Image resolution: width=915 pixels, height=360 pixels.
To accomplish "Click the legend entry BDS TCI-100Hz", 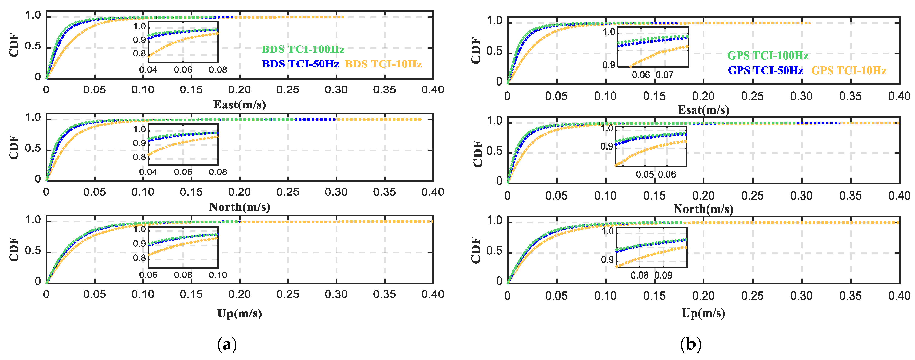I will tap(303, 49).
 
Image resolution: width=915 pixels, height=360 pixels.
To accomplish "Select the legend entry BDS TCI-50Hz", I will tap(300, 64).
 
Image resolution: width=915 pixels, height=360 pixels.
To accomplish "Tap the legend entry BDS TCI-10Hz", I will tap(383, 64).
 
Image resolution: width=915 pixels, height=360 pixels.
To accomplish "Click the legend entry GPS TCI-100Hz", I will tap(768, 56).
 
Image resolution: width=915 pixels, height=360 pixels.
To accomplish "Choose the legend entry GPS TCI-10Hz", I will tap(849, 70).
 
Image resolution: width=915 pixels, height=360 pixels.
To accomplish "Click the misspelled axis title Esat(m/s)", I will tap(703, 110).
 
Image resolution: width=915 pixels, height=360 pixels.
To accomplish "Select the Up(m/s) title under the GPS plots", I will tap(703, 313).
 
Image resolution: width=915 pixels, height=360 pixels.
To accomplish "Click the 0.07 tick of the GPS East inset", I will tap(664, 75).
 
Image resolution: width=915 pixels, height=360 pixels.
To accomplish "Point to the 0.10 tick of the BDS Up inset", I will tap(218, 275).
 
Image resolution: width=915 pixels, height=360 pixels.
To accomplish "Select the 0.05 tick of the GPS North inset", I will tap(644, 174).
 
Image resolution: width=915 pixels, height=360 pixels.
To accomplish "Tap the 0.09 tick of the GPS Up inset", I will tap(663, 275).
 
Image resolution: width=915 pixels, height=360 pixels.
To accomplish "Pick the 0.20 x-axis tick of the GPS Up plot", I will tap(703, 296).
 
